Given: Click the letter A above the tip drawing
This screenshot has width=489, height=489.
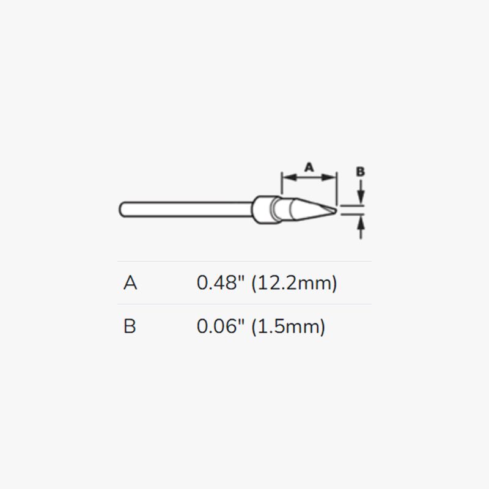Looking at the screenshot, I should tap(309, 166).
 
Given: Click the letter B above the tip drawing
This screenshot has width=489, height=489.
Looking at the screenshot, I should tap(361, 172).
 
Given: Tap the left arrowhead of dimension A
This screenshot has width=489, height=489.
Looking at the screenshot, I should tap(286, 177).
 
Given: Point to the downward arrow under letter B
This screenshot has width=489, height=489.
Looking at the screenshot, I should tap(361, 196).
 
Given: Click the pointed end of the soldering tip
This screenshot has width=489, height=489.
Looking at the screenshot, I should tap(333, 210).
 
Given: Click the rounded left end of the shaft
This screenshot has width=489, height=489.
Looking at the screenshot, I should tap(122, 208).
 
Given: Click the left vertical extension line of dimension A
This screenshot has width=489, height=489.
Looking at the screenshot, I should tap(281, 183).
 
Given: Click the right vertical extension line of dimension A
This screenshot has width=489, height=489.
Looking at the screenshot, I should tap(337, 186).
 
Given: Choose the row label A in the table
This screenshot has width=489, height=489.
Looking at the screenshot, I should tap(130, 284).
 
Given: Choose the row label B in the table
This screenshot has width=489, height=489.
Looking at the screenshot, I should tap(130, 327).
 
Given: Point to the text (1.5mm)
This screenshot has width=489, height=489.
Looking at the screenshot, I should tap(289, 327).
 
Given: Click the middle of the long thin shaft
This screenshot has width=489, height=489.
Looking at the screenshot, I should tap(186, 208).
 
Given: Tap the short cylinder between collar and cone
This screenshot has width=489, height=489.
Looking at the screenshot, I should tap(281, 208).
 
